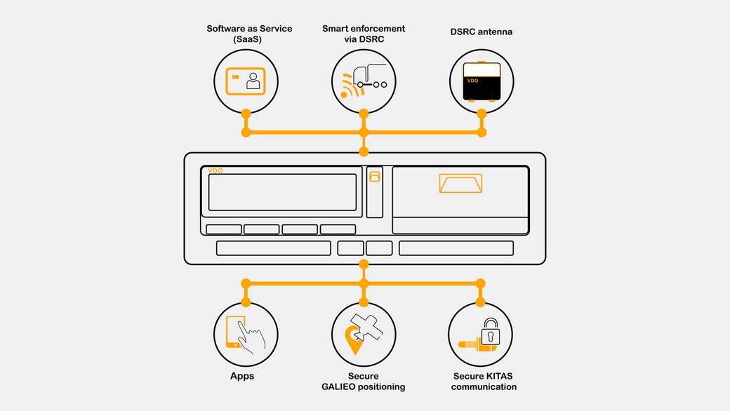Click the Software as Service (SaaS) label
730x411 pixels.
249,34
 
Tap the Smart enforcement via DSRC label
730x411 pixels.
364,34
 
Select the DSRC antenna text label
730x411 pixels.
481,32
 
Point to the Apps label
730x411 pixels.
242,376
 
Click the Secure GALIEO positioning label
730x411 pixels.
363,382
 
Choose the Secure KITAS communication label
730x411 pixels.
484,382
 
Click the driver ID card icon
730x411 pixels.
246,81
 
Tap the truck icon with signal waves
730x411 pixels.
364,81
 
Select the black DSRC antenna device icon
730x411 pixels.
482,81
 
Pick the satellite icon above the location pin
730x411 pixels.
367,328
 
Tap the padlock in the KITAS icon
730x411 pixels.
490,332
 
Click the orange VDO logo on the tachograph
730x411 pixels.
215,170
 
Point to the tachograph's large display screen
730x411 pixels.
282,192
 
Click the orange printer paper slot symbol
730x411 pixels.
460,183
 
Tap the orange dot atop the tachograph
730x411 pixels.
364,151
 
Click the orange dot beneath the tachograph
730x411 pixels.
364,264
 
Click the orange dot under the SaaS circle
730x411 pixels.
246,114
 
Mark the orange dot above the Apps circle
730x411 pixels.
246,303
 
